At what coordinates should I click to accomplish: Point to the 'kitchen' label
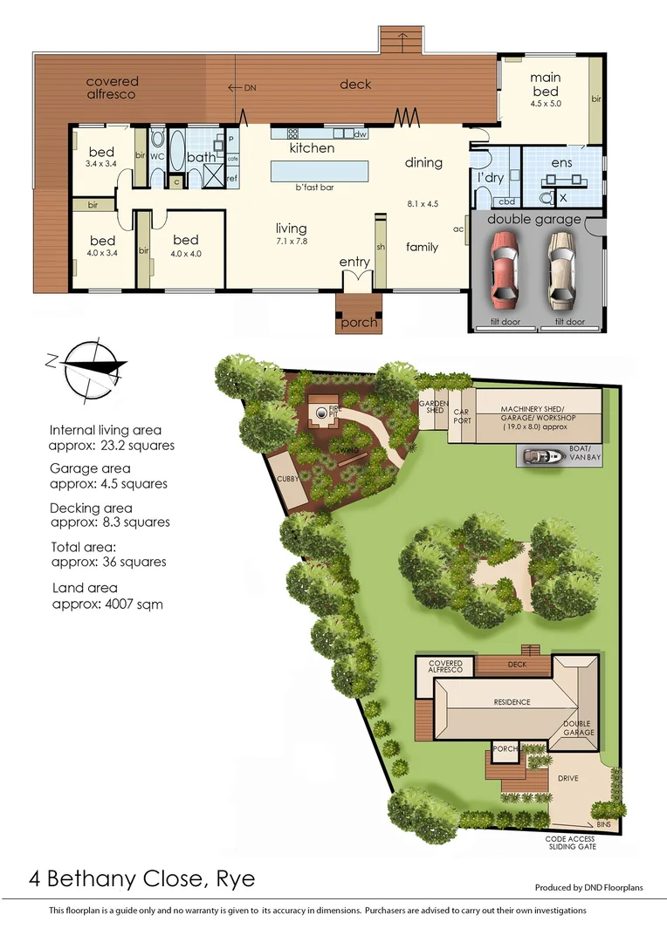[312, 148]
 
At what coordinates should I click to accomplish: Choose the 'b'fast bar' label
[315, 188]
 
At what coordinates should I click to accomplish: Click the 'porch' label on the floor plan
[359, 323]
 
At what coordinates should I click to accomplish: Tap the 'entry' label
[354, 262]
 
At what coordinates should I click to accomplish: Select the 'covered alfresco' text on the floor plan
[112, 87]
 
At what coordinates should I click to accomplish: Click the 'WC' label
[157, 156]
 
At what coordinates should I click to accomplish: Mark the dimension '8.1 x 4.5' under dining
[423, 203]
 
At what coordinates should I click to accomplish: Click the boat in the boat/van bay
[543, 455]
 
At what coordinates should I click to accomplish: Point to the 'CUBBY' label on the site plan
[288, 480]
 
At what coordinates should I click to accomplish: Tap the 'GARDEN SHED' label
[434, 406]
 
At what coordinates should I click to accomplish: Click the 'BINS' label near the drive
[604, 823]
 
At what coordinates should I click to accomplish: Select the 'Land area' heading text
[85, 588]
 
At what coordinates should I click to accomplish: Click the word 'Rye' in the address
[236, 878]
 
